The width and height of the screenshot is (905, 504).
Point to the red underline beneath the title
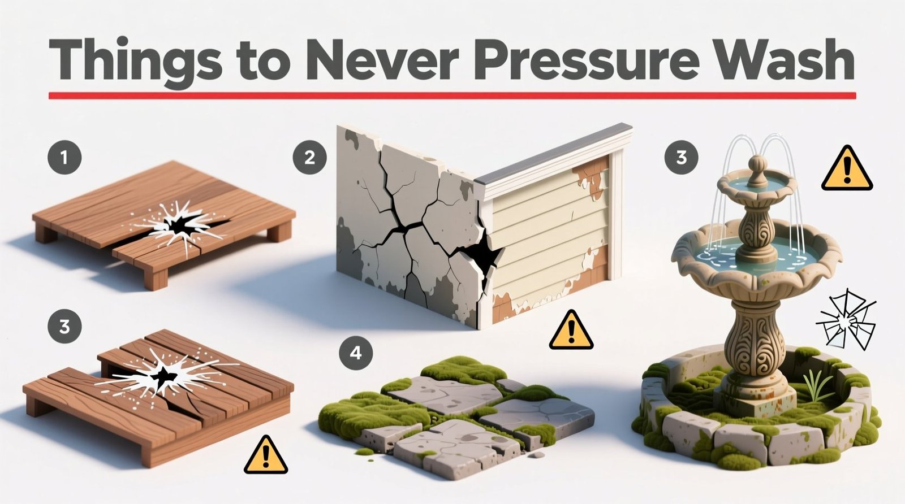click(453, 96)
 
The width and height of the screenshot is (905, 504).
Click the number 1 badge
click(64, 157)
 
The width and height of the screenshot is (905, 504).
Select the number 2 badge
click(309, 157)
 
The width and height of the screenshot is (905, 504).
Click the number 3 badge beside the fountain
click(681, 157)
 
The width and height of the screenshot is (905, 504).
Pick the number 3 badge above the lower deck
click(64, 326)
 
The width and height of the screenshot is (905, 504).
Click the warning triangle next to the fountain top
click(846, 170)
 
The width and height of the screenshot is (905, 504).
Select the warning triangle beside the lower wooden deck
click(265, 455)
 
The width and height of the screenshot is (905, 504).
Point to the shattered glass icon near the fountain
click(846, 320)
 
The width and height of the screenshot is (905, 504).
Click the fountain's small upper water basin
click(756, 184)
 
